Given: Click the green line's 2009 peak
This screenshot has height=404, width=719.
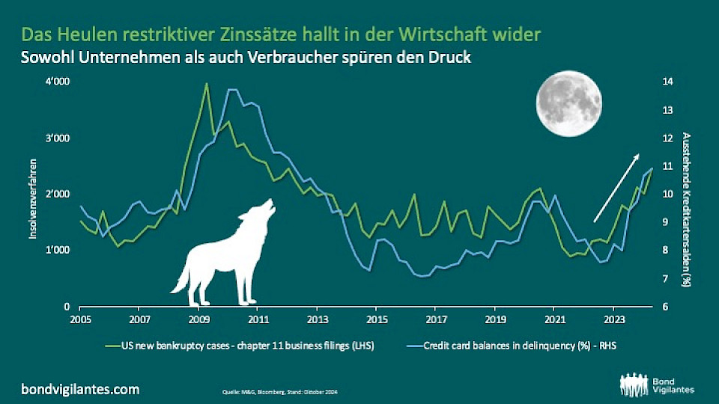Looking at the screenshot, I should (x=206, y=84).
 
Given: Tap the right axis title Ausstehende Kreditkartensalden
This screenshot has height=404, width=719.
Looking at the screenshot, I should (x=686, y=209).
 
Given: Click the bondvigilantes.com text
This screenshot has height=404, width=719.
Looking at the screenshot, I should (x=82, y=389).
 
